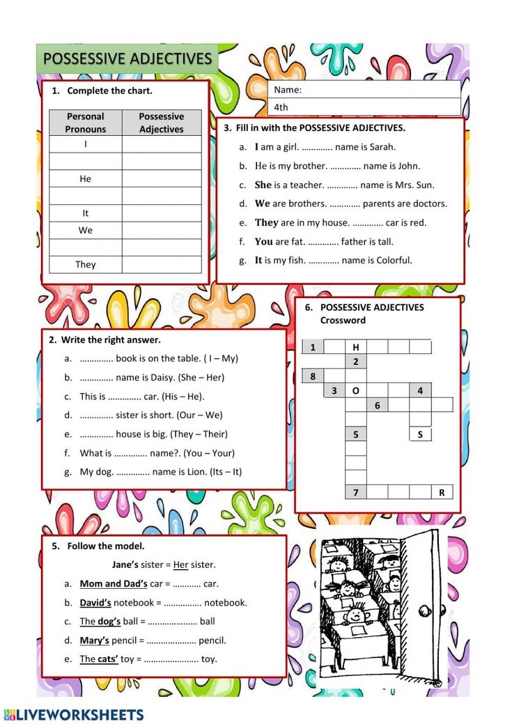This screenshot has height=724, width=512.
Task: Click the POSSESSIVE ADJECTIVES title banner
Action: (x=127, y=59)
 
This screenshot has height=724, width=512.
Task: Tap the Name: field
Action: (x=364, y=90)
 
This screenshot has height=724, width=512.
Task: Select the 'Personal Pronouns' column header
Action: (x=86, y=123)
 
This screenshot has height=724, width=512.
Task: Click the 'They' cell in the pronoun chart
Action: (x=86, y=265)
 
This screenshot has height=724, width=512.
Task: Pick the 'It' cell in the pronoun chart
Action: (x=86, y=213)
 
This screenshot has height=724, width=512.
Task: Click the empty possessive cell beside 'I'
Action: (x=162, y=144)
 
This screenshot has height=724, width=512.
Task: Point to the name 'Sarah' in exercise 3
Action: (x=382, y=147)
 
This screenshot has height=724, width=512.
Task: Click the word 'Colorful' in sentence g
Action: (x=394, y=260)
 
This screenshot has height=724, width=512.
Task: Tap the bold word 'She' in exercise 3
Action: (x=263, y=185)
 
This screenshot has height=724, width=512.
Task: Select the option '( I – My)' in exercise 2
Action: (x=221, y=358)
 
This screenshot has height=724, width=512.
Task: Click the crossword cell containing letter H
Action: (x=356, y=347)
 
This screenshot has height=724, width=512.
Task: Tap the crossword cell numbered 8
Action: (x=313, y=376)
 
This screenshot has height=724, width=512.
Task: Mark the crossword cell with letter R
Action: (x=442, y=492)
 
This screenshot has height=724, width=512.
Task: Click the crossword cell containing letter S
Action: (x=420, y=434)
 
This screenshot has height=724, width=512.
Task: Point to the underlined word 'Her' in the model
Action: (x=181, y=564)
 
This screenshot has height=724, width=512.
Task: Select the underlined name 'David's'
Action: (x=95, y=602)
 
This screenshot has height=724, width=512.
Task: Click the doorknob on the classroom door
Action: (x=423, y=610)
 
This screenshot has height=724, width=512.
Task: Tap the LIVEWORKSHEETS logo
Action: (x=74, y=714)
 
